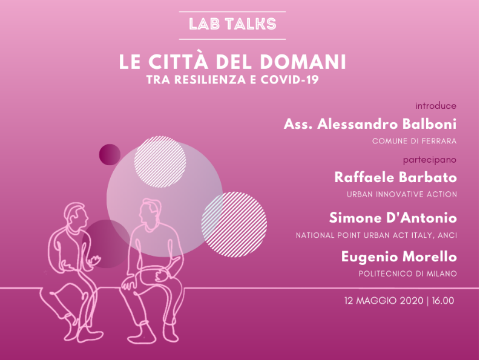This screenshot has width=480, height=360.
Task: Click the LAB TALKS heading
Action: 232,24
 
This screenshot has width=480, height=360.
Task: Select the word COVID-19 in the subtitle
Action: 289,80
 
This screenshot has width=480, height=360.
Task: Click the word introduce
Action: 436,106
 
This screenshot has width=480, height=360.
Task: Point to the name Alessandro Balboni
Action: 387,124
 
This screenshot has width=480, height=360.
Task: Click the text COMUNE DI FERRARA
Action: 414,141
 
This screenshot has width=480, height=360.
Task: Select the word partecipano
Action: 430,160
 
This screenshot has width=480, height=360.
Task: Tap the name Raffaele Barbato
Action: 395,177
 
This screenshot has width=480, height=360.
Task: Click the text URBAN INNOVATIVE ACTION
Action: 402,194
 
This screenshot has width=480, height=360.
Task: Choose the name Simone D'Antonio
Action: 393,218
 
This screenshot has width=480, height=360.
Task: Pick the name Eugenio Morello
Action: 399,257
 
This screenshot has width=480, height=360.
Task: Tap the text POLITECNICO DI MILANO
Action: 408,273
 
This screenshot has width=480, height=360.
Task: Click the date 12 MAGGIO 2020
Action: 384,301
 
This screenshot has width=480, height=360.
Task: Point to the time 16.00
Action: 443,301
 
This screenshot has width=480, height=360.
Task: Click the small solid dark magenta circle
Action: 110,155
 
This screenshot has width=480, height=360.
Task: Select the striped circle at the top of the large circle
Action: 160,162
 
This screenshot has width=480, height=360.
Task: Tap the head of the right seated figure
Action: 150,214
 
